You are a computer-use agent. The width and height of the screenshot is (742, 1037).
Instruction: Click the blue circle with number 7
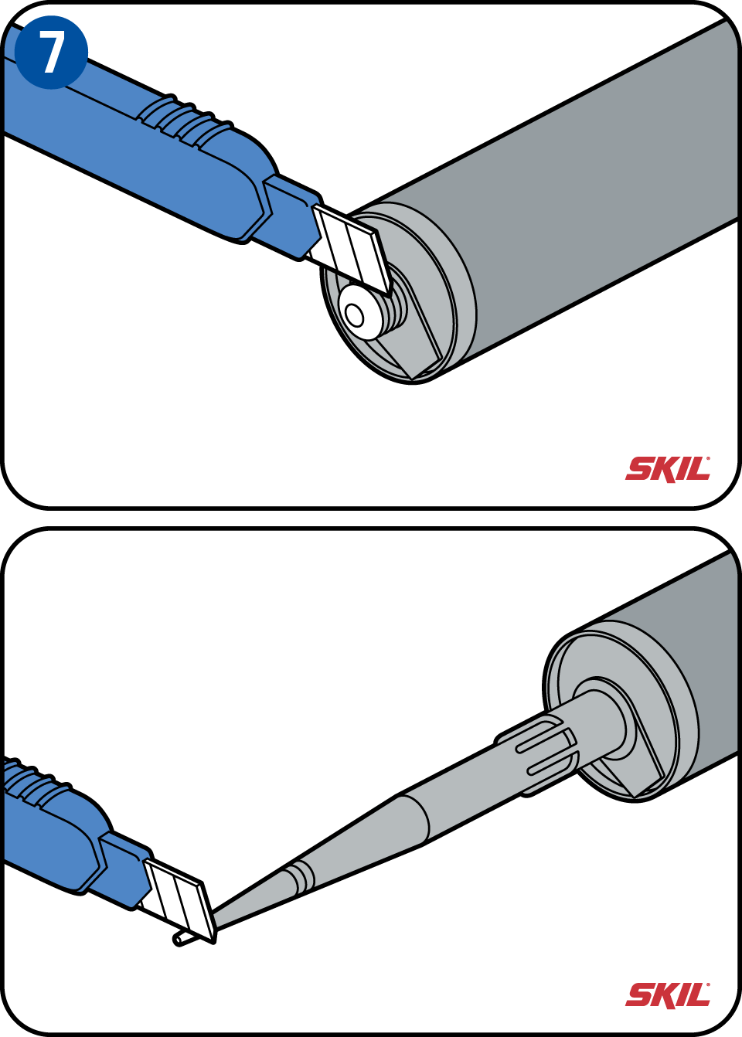coord(51,53)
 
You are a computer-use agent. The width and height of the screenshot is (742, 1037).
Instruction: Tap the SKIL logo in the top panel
coord(668,470)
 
